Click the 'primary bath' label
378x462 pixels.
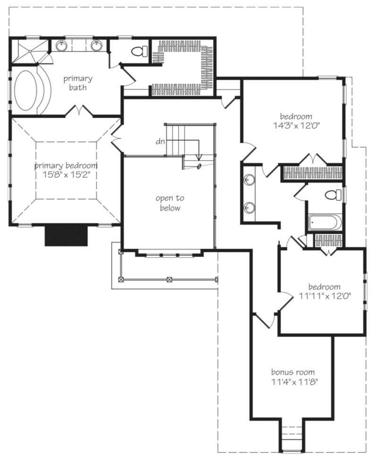click(78, 83)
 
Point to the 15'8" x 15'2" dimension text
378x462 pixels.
click(66, 174)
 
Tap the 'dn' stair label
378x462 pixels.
click(161, 141)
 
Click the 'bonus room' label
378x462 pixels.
click(293, 372)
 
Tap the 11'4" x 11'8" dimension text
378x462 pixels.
click(293, 382)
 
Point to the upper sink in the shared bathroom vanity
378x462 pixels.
click(249, 180)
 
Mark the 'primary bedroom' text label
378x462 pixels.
click(66, 166)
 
